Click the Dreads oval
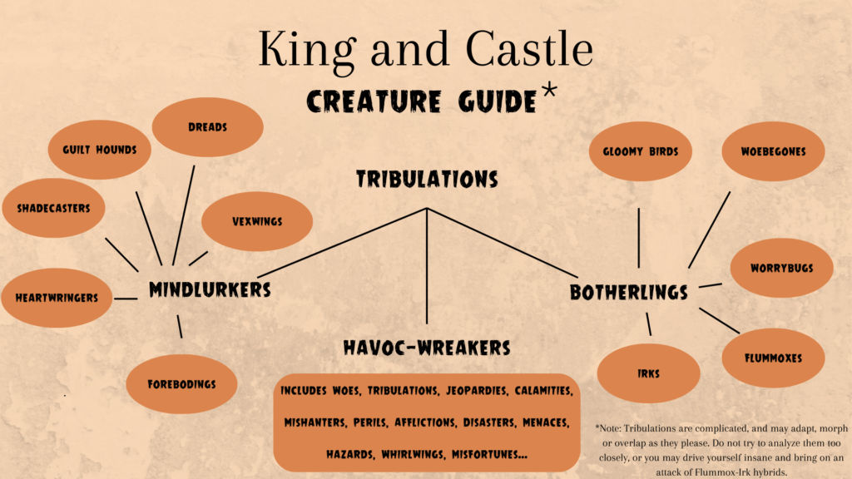tap(207, 127)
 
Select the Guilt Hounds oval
tap(100, 150)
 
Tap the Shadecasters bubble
tap(53, 208)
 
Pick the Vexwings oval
tap(257, 221)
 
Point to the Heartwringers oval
tap(57, 298)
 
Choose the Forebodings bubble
tap(181, 384)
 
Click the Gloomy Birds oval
tap(641, 151)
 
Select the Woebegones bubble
tap(773, 151)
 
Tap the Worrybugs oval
tap(781, 268)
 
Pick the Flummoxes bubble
tap(773, 358)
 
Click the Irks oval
tap(648, 373)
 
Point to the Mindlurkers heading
tap(210, 290)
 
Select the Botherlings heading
tap(629, 293)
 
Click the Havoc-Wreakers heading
tap(427, 348)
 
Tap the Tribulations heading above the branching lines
tap(427, 180)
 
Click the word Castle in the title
tap(529, 49)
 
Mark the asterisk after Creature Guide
tap(549, 90)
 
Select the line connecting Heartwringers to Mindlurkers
tap(126, 299)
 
